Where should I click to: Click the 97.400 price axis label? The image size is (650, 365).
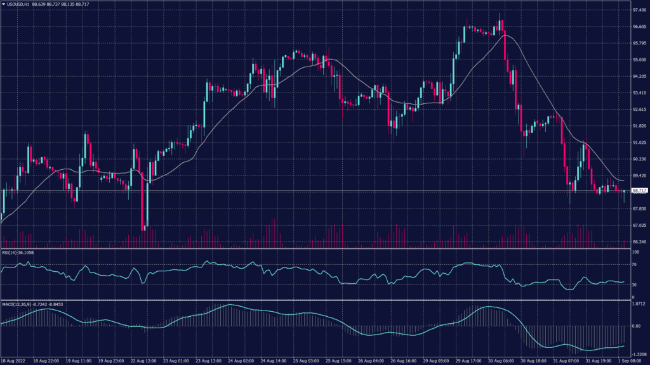coord(638,11)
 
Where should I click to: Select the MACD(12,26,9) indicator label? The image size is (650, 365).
coord(25,305)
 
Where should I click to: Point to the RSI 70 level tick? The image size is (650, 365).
coord(634,265)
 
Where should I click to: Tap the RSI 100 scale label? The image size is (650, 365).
coord(635,252)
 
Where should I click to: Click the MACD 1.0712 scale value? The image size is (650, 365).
coord(639,304)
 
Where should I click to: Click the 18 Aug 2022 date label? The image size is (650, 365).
coord(14,360)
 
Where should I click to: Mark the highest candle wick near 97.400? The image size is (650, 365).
coord(500,13)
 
